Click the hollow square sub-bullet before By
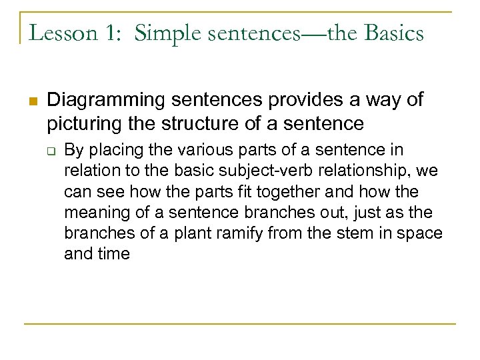pos(53,151)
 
